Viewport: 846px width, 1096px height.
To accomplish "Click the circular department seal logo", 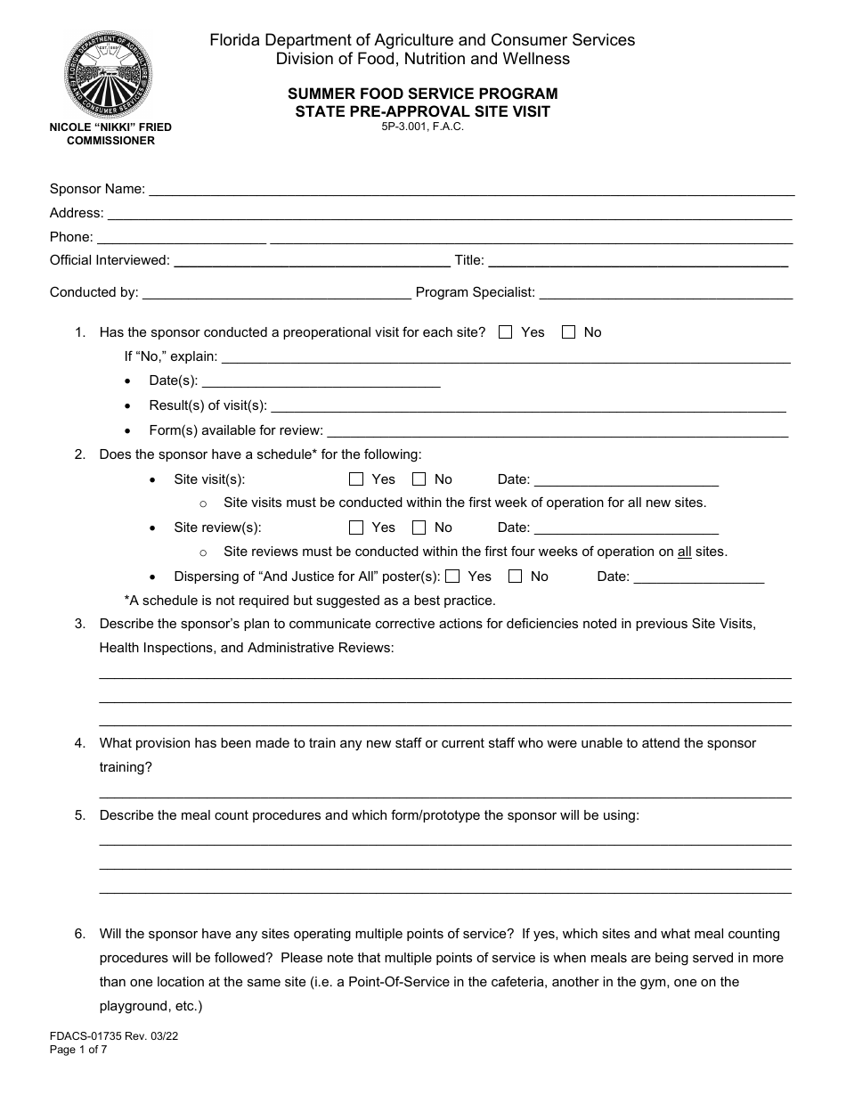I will click(109, 71).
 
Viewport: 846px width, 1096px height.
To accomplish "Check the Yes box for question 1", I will click(506, 332).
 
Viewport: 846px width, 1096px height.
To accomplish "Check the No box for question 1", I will click(569, 332).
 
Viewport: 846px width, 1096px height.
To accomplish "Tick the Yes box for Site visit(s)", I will click(356, 479).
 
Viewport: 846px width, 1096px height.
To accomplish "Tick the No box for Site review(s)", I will click(419, 528).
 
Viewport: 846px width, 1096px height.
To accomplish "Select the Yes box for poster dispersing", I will click(452, 577).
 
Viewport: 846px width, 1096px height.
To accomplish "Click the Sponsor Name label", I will click(97, 189).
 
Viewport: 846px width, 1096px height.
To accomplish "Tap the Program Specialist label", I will click(476, 291).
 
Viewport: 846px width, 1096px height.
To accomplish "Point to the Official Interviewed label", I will click(110, 260).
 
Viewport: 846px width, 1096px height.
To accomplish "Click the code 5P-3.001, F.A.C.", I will click(423, 127).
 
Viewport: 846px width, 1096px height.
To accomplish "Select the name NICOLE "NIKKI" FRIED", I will click(110, 127).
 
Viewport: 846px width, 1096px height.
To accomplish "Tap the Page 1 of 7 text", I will click(78, 1050).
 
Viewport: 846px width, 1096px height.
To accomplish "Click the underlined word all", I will click(684, 552).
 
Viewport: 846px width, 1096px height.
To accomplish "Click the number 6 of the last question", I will click(80, 934).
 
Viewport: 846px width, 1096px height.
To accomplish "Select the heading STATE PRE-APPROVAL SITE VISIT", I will click(423, 111).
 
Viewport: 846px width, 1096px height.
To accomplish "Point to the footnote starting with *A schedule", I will click(309, 600).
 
